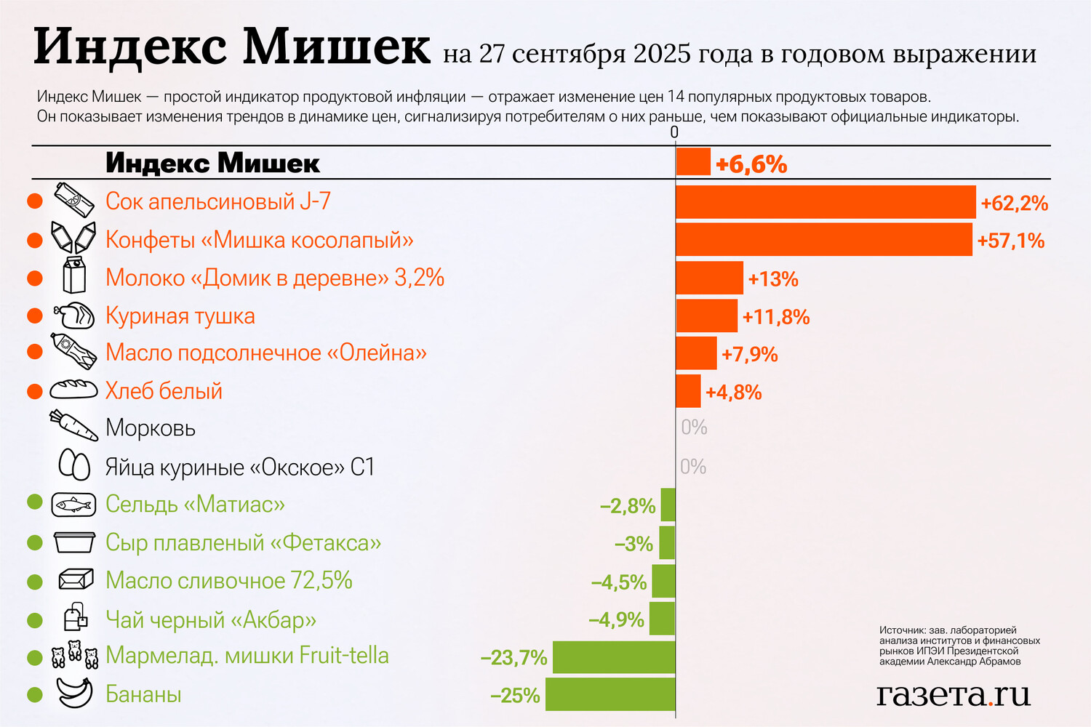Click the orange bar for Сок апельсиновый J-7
click(x=826, y=201)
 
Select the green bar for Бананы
click(x=610, y=694)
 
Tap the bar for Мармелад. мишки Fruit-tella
click(x=614, y=657)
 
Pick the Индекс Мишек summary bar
click(x=693, y=161)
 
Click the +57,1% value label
click(x=1011, y=241)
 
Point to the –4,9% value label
click(x=616, y=620)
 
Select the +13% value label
click(x=773, y=279)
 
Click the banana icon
click(x=74, y=693)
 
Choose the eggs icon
click(x=74, y=465)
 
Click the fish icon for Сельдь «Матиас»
click(x=73, y=504)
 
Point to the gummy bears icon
click(x=74, y=654)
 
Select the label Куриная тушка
click(x=180, y=316)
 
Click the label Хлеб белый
click(x=164, y=391)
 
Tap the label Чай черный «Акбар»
click(x=211, y=620)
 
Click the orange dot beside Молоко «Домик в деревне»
click(x=34, y=278)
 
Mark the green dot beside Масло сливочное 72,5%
click(x=34, y=582)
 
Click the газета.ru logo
click(x=954, y=694)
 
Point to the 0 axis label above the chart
click(x=674, y=132)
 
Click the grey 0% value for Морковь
click(x=694, y=427)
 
